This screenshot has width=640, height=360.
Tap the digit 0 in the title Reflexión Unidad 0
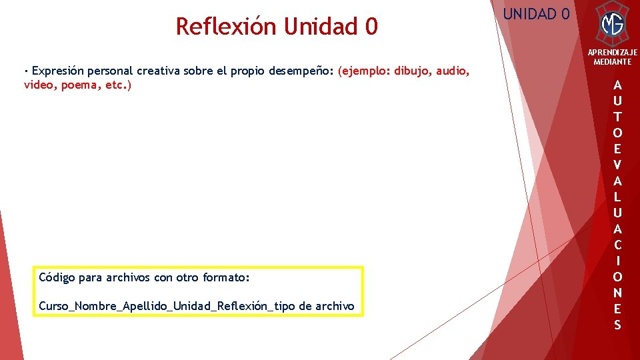tap(371, 27)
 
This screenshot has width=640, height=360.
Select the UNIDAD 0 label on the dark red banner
tap(536, 13)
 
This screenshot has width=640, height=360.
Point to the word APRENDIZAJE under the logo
tap(612, 52)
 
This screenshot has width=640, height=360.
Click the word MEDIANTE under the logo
tap(612, 61)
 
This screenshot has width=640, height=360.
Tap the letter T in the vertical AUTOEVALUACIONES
tap(617, 117)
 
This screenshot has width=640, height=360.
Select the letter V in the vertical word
tap(617, 165)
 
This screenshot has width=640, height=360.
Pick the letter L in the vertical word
tap(617, 197)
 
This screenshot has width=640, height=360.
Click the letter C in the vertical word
tap(617, 245)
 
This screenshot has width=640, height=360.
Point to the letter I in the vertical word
tap(617, 261)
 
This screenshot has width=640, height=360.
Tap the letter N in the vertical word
tap(617, 293)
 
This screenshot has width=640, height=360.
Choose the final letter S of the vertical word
tap(617, 325)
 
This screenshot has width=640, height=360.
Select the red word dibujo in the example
tap(412, 71)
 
